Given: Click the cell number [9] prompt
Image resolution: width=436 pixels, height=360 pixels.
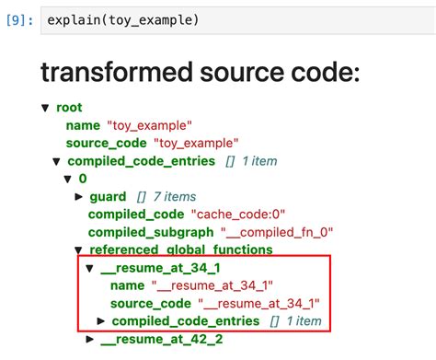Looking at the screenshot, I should pos(17,19).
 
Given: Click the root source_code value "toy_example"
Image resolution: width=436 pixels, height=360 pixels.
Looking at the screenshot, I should pos(199,144).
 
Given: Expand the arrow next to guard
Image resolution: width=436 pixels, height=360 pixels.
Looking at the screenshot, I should pos(79,197).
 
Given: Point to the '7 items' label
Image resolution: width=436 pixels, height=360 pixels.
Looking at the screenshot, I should pos(173,197).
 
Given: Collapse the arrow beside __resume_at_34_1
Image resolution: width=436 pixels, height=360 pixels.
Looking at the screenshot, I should pos(89,268).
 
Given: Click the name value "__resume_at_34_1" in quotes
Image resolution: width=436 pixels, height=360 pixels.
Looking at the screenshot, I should pos(218,285).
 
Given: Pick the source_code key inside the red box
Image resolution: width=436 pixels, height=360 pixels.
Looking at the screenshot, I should pos(151,303).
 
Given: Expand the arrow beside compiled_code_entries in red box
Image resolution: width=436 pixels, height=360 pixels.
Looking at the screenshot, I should pos(101,321).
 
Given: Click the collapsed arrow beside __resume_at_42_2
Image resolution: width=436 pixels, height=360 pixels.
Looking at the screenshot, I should pos(90,340).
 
